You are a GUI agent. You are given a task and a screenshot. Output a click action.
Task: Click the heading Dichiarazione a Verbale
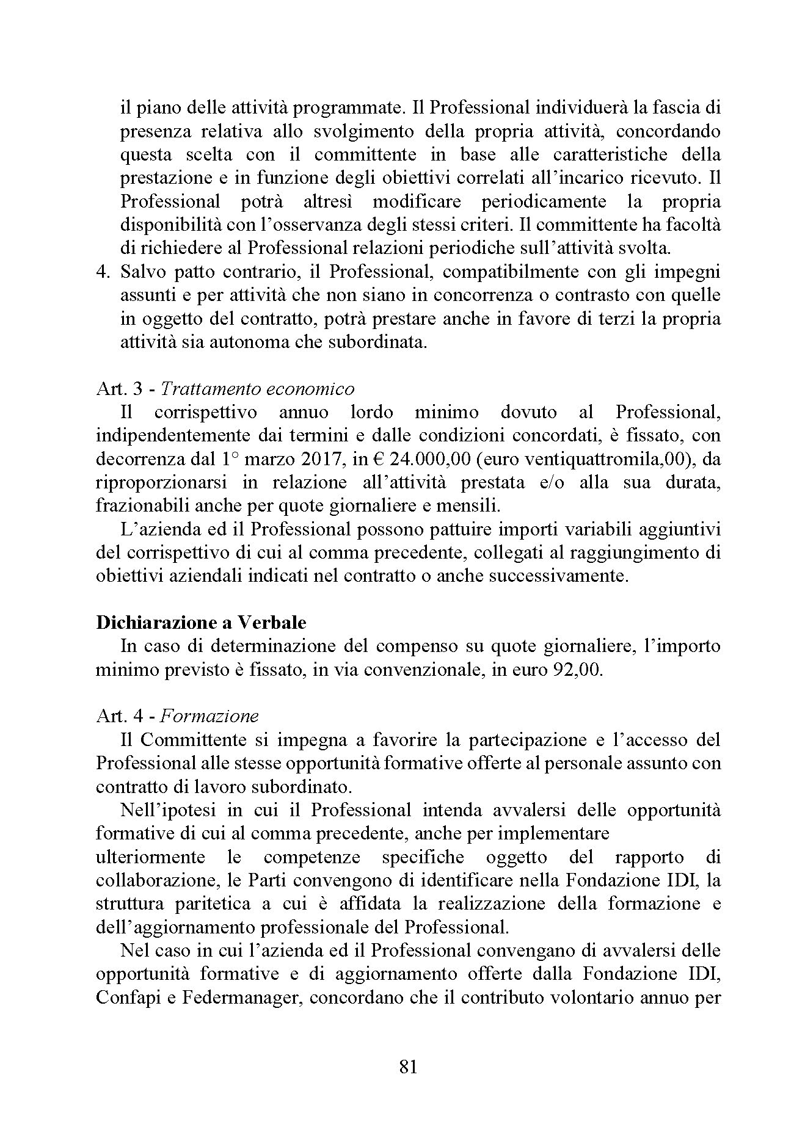click(201, 623)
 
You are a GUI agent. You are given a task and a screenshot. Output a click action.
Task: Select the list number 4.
click(103, 272)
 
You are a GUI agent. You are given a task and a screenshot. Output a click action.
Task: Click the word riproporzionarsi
click(161, 483)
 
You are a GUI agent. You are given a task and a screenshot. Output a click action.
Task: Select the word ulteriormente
click(151, 857)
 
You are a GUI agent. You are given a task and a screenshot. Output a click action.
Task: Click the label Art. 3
click(118, 389)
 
